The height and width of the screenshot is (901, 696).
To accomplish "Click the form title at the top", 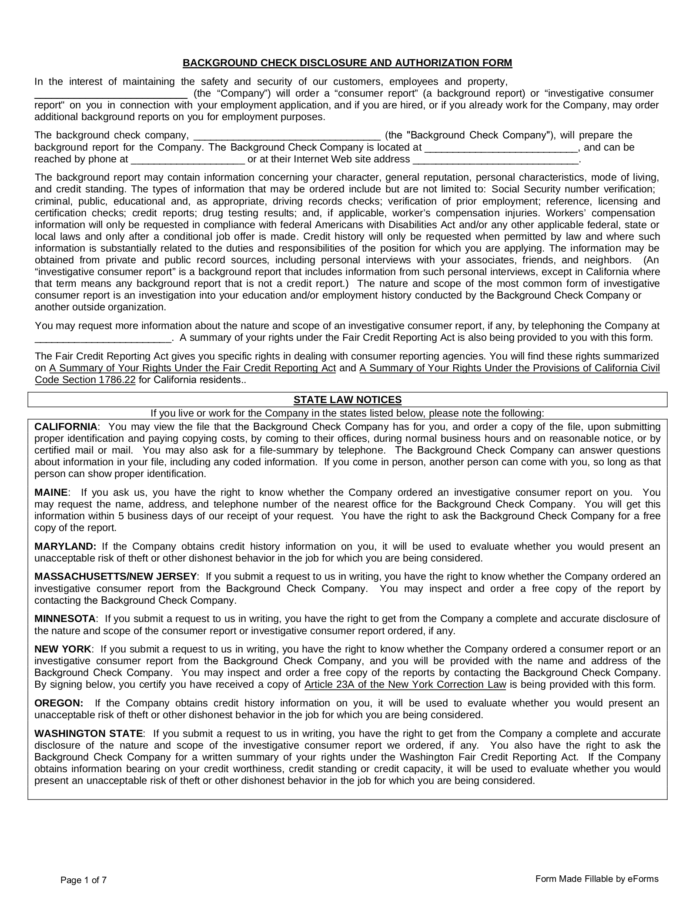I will click(347, 63).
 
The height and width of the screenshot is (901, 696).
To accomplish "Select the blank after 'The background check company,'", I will click(287, 136).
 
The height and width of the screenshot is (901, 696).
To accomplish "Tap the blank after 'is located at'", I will click(501, 148).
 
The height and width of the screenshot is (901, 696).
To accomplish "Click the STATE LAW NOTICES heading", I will click(347, 400).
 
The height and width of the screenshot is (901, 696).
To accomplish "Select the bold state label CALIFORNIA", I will click(66, 426).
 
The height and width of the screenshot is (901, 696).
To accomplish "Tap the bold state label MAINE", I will click(51, 492).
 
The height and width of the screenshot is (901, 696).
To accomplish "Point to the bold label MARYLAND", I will click(65, 546).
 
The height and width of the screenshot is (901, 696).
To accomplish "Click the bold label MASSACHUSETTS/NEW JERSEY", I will click(115, 576).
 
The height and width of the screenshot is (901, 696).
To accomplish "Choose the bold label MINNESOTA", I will click(65, 619).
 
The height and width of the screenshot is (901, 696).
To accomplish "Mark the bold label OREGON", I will click(59, 703).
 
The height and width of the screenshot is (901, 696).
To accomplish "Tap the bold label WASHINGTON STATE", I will click(88, 733).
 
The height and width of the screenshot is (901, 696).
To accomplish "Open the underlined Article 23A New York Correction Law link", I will click(405, 684).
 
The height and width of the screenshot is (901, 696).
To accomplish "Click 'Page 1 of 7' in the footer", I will click(84, 880).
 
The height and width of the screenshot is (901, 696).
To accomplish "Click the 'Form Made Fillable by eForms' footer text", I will click(597, 878).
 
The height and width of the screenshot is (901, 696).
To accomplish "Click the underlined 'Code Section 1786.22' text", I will click(85, 380).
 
